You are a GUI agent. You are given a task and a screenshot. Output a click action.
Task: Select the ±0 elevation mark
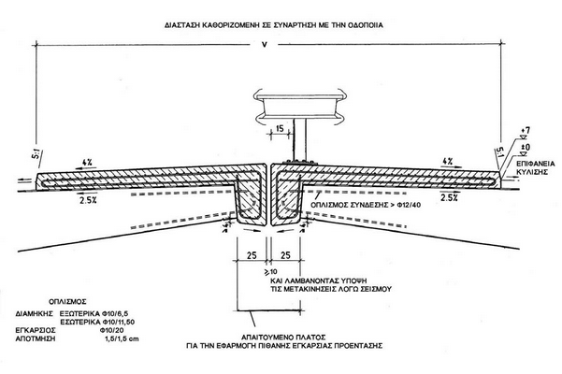click(526, 146)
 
